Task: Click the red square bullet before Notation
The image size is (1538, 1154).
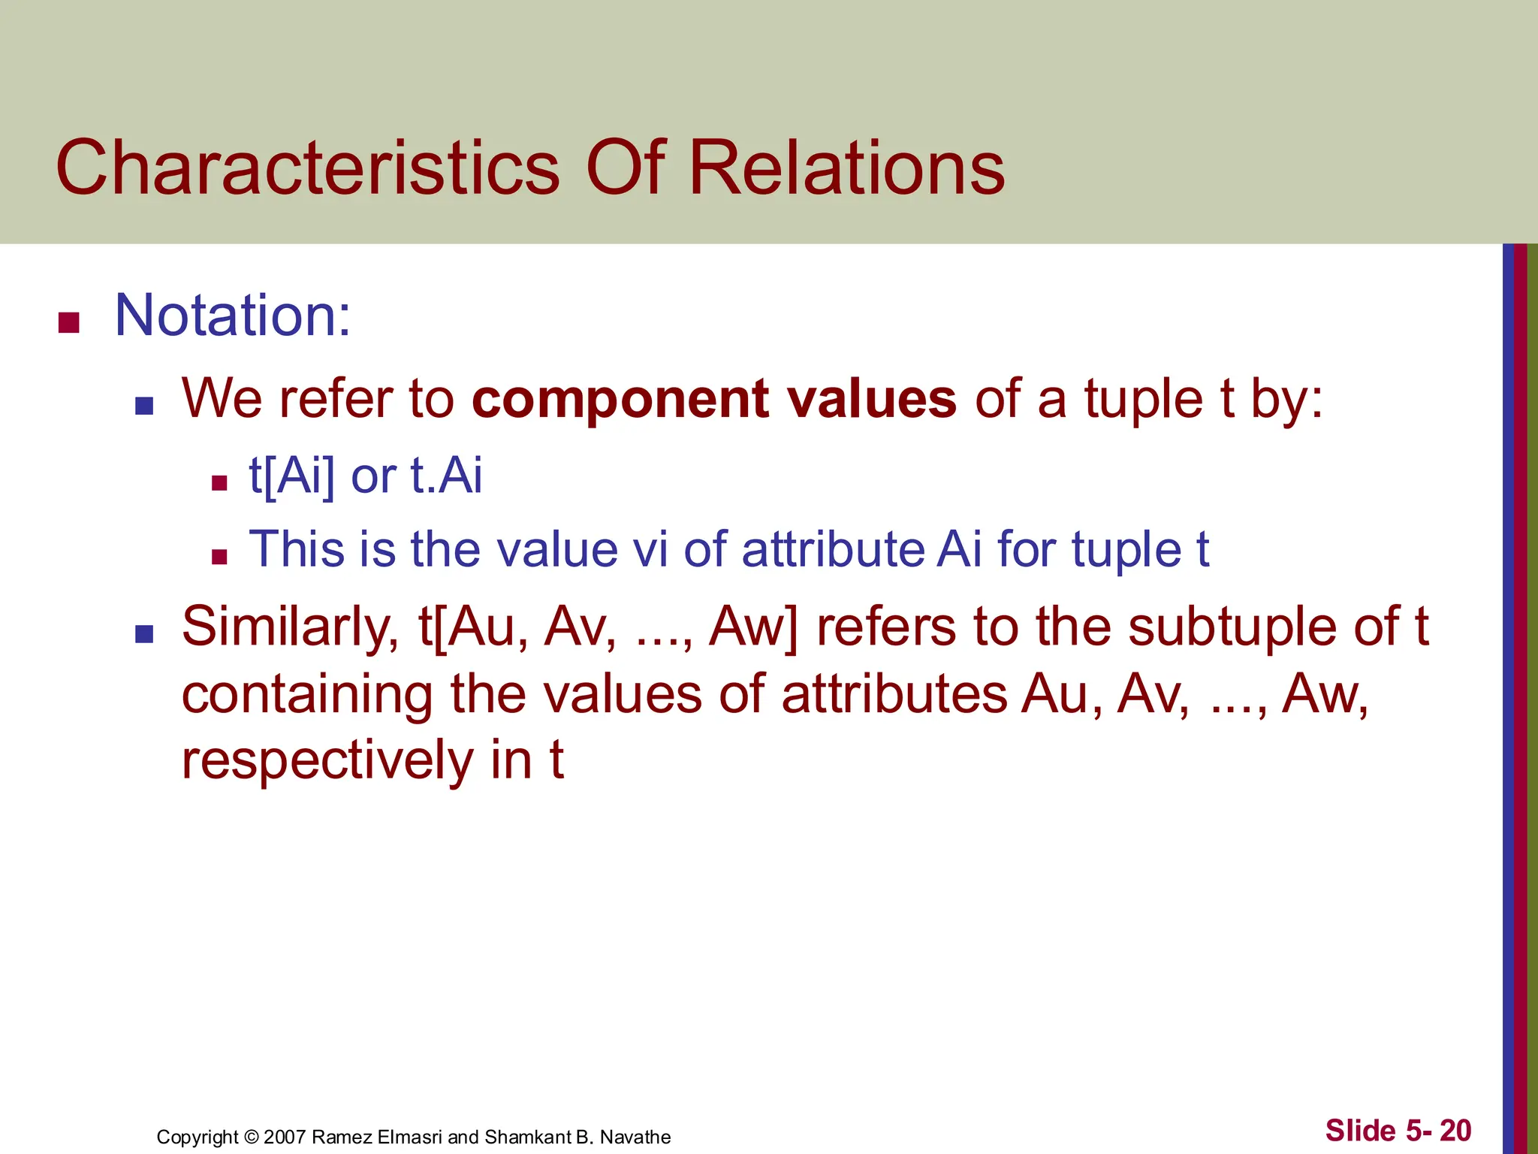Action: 69,323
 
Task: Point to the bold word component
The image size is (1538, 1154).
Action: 620,399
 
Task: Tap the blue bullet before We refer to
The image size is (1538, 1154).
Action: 144,406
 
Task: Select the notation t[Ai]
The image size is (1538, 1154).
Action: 291,476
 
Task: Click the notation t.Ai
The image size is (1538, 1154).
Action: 446,476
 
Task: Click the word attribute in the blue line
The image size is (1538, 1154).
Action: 834,549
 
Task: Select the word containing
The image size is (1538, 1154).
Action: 306,693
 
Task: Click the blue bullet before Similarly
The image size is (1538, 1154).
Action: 144,634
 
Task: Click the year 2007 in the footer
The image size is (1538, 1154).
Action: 285,1137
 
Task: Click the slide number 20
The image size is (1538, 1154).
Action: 1455,1131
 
